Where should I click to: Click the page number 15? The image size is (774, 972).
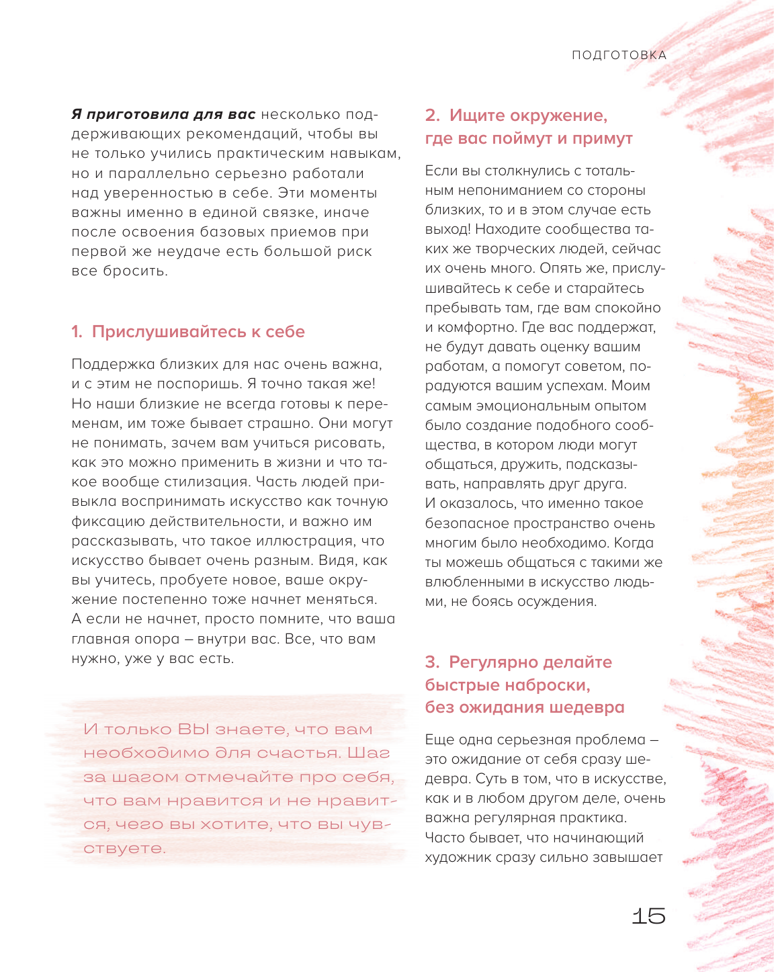click(648, 916)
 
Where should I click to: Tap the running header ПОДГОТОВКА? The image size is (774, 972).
click(619, 55)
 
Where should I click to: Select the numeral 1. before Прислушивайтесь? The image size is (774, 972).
click(77, 332)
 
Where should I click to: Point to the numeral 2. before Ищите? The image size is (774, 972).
click(432, 116)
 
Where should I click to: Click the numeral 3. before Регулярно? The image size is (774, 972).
click(432, 662)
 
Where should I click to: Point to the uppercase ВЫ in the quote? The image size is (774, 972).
click(193, 730)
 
